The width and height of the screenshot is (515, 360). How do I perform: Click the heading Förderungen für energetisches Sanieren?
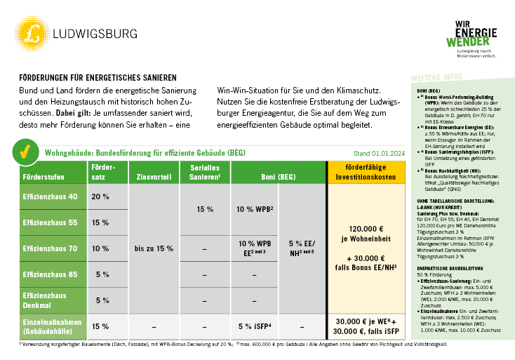tap(98, 77)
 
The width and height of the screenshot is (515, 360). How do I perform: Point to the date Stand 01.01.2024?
tap(379, 152)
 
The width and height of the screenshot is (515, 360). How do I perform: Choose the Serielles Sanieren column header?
tap(205, 173)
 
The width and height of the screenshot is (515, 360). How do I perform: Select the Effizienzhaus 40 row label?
tap(51, 196)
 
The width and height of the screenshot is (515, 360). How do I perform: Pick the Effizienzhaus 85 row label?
tap(51, 274)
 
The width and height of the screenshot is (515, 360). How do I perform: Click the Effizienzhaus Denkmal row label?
tap(45, 300)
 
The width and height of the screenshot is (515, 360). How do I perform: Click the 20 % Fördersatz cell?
tap(100, 196)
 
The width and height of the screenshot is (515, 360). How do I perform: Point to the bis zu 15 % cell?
tap(154, 248)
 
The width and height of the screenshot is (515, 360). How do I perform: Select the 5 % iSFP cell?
tap(254, 326)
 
